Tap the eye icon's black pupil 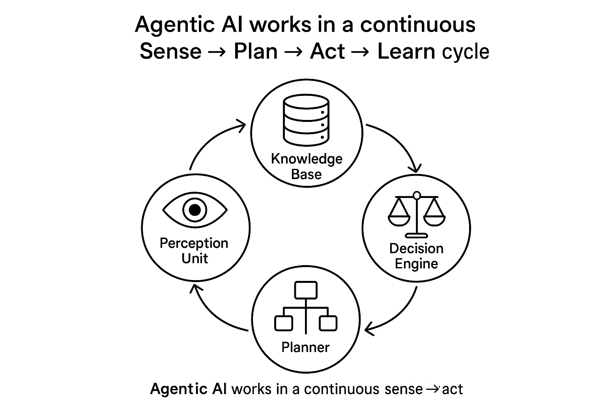(195, 210)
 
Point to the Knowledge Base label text (307, 166)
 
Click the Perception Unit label (194, 251)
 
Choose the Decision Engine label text (416, 256)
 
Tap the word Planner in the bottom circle (305, 347)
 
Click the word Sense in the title (170, 51)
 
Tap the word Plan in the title (255, 51)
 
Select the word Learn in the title (406, 51)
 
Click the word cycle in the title (466, 52)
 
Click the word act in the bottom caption (453, 389)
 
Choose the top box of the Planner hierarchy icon (306, 290)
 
